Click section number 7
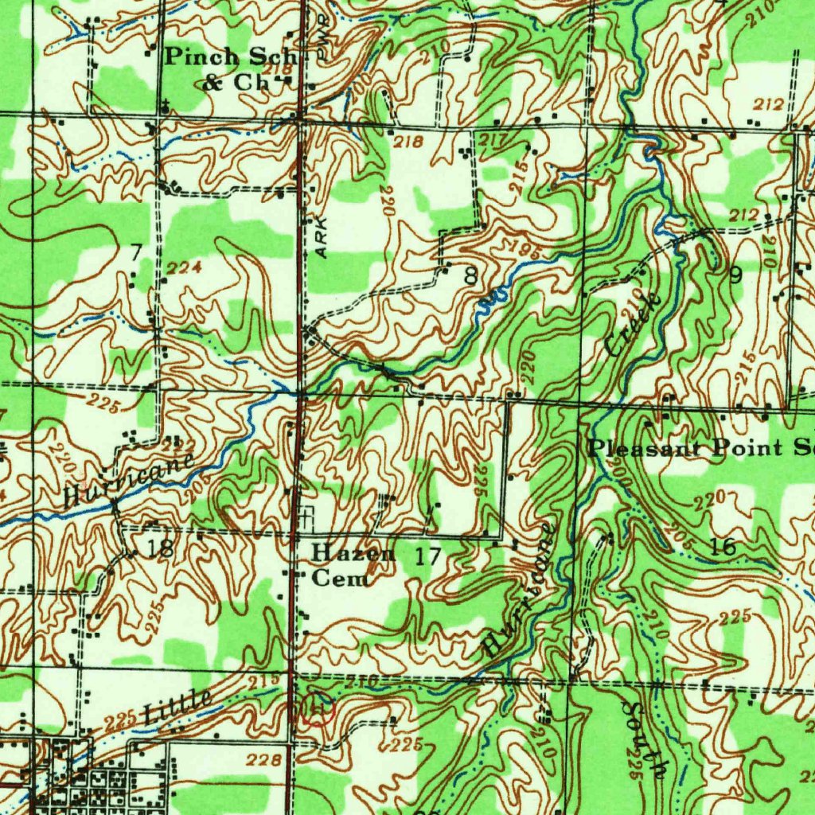[x=136, y=252]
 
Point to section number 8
[x=471, y=276]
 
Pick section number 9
[x=735, y=275]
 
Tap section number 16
[x=723, y=546]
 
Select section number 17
[x=427, y=556]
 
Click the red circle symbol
[x=317, y=709]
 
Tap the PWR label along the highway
[x=322, y=48]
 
